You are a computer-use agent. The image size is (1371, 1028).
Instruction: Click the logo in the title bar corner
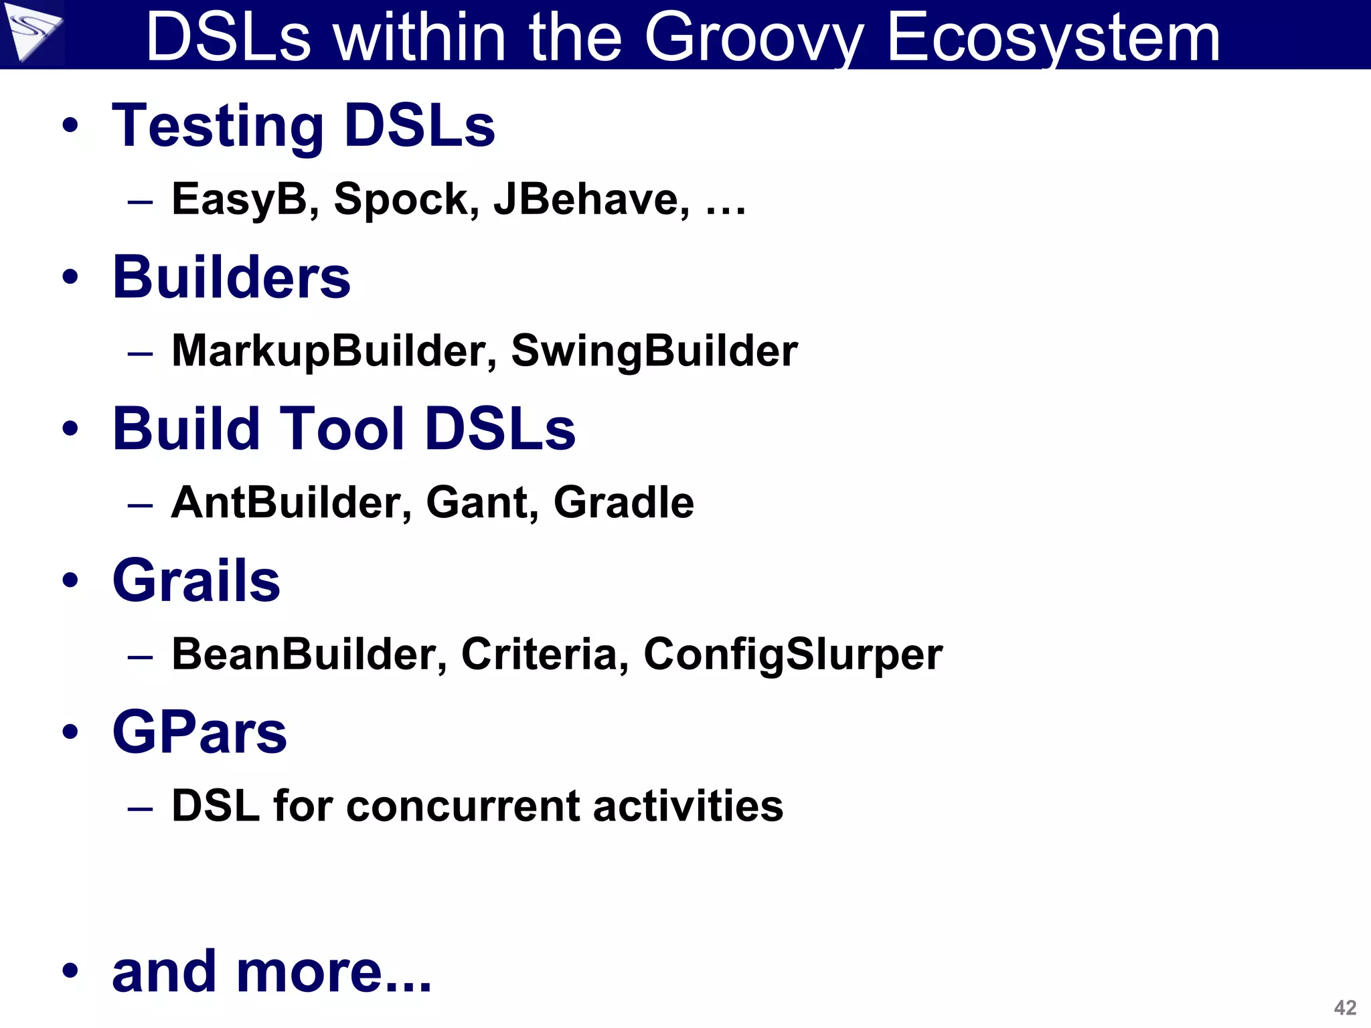[31, 31]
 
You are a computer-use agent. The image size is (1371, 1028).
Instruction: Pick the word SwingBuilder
[654, 351]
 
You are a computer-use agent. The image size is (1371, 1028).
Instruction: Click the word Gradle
[623, 502]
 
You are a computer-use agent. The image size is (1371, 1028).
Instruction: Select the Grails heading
[196, 580]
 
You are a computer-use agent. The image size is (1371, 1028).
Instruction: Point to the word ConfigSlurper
[793, 654]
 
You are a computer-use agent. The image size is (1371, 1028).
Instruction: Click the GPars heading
[199, 732]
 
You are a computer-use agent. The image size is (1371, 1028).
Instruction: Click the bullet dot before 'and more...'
[70, 970]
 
